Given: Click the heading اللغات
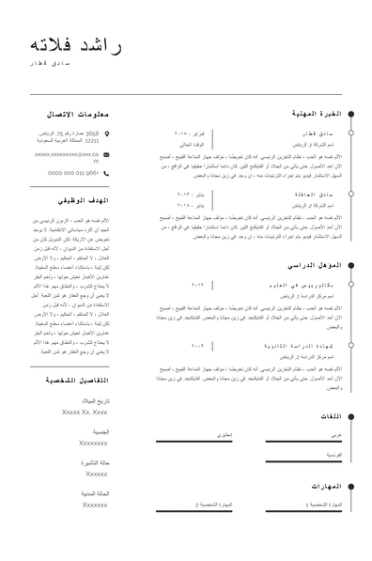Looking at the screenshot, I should [330, 414].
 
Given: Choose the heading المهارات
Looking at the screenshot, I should [324, 486].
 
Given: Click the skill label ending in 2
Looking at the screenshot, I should [213, 505].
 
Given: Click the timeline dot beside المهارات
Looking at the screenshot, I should [350, 486].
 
